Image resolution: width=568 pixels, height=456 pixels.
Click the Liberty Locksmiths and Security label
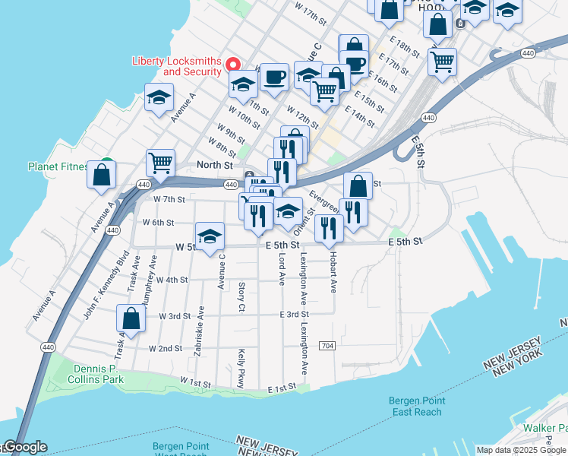(x=176, y=66)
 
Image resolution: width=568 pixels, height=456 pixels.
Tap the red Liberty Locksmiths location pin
(x=234, y=65)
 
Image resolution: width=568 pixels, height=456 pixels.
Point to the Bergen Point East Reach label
(x=416, y=406)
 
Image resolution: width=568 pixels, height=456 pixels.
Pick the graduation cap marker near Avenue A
(x=159, y=97)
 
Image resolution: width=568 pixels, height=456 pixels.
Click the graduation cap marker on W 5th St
(x=210, y=236)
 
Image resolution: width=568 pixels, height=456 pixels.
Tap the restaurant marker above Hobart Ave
(x=329, y=227)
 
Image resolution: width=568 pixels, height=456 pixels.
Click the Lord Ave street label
(x=282, y=270)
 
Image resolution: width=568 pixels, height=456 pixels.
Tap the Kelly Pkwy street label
(x=241, y=369)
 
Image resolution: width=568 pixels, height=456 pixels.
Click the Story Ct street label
(x=241, y=296)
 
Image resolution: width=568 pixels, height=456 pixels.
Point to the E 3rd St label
(x=294, y=314)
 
